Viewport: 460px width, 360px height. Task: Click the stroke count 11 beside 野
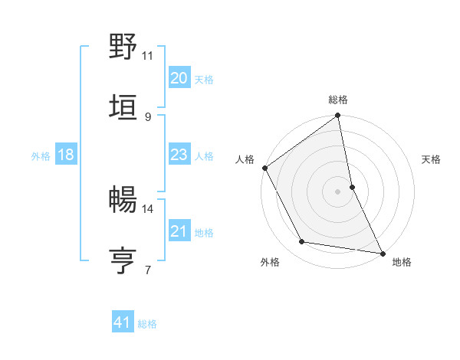[148, 56]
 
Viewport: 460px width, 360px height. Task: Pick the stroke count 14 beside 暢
[148, 208]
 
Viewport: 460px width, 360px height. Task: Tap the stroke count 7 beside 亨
[148, 270]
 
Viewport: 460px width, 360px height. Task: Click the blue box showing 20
[179, 78]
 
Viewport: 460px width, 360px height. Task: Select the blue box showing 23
[179, 155]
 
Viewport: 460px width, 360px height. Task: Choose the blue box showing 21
[179, 231]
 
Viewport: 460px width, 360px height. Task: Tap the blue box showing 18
[66, 155]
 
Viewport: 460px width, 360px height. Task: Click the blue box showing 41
[123, 323]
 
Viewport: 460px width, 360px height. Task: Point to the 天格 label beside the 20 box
[204, 80]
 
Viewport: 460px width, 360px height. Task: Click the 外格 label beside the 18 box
[41, 156]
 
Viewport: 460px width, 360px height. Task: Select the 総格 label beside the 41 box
[147, 324]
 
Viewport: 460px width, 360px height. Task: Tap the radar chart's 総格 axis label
[338, 100]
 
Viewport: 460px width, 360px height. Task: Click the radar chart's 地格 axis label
[402, 263]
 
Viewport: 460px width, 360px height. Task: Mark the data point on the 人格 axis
[264, 168]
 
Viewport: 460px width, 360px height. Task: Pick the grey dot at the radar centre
[338, 191]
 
